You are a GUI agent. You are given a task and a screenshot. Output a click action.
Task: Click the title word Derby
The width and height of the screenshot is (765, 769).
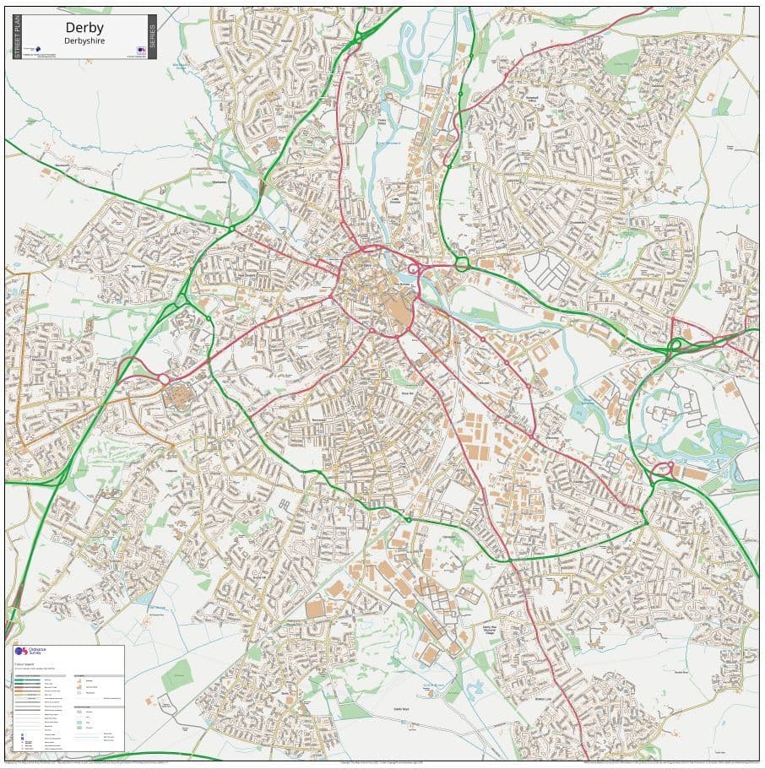pyautogui.click(x=84, y=27)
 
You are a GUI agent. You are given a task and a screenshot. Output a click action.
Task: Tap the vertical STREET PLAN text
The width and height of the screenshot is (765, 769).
pyautogui.click(x=17, y=37)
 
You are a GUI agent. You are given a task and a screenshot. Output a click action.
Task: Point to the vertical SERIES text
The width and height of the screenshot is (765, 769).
pyautogui.click(x=152, y=37)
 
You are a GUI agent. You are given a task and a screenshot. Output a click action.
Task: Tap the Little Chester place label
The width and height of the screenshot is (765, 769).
pyautogui.click(x=394, y=202)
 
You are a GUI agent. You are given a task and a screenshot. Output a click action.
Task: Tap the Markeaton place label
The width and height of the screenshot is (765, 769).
pyautogui.click(x=221, y=181)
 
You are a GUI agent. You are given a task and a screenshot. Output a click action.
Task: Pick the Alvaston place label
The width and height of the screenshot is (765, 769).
pyautogui.click(x=551, y=437)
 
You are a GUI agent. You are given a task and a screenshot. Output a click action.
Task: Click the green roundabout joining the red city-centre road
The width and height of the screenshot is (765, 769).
pyautogui.click(x=462, y=263)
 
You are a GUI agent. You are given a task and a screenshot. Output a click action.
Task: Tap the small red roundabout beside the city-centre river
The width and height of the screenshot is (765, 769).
pyautogui.click(x=415, y=269)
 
